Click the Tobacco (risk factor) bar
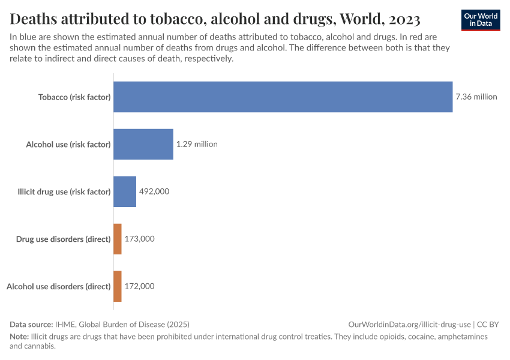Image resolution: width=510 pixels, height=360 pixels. (x=283, y=97)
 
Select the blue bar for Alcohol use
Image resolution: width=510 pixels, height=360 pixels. (x=143, y=144)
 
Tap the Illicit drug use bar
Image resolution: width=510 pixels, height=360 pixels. (x=125, y=191)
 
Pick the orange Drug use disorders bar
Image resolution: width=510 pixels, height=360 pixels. (x=118, y=239)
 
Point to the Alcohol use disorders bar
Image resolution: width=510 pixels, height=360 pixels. (x=118, y=286)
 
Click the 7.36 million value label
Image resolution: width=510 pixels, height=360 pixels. (x=476, y=97)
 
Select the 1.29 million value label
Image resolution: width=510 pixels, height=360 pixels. (x=197, y=144)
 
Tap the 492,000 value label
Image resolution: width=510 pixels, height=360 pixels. (x=154, y=191)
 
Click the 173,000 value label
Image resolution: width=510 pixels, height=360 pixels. (x=140, y=239)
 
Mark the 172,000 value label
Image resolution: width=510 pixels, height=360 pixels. (x=140, y=286)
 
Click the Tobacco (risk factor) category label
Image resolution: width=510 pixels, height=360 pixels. (x=74, y=97)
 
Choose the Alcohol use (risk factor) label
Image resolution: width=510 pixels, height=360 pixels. (x=68, y=145)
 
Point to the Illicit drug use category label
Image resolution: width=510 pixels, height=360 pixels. (x=64, y=192)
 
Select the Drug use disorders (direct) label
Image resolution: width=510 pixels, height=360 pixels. (x=63, y=239)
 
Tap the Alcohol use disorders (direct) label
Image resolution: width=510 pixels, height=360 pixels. (x=58, y=287)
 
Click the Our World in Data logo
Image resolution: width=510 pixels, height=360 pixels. (x=481, y=20)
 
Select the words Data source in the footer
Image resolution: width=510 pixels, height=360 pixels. (x=31, y=324)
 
